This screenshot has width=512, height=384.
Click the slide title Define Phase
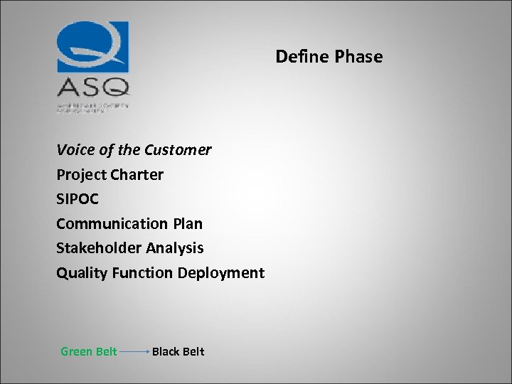coord(329,57)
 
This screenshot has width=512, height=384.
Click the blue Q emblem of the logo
coord(93,47)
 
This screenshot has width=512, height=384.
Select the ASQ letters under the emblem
coord(93,87)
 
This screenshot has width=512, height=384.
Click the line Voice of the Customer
coord(134,150)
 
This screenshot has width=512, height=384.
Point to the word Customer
coord(178,150)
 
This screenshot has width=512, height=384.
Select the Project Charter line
coord(110,175)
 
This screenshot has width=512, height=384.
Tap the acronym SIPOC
coord(77,199)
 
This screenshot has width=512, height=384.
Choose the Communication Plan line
coord(129,224)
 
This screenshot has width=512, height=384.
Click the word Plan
coord(187,224)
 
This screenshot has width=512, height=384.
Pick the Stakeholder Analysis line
coord(129,248)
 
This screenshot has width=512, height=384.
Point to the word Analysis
coord(175,248)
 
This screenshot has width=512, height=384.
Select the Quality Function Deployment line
coord(160,273)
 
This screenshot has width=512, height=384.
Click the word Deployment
coord(221,273)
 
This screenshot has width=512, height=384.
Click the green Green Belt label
coord(89,351)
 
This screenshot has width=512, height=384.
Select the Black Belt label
coord(178,351)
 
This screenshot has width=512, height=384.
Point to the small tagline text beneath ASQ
coord(92,105)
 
